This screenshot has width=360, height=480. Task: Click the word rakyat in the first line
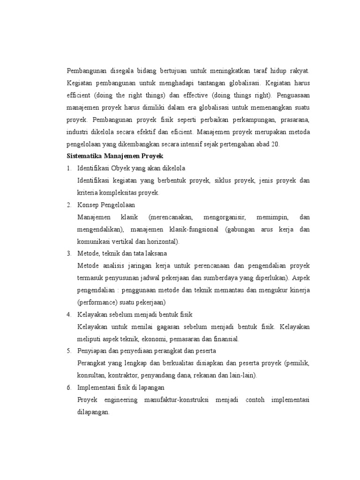299,71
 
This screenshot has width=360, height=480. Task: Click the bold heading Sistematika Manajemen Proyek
115,156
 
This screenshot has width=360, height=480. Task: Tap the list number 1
69,168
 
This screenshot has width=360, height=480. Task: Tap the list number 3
69,254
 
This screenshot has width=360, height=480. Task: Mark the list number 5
69,351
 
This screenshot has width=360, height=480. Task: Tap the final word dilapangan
93,412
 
